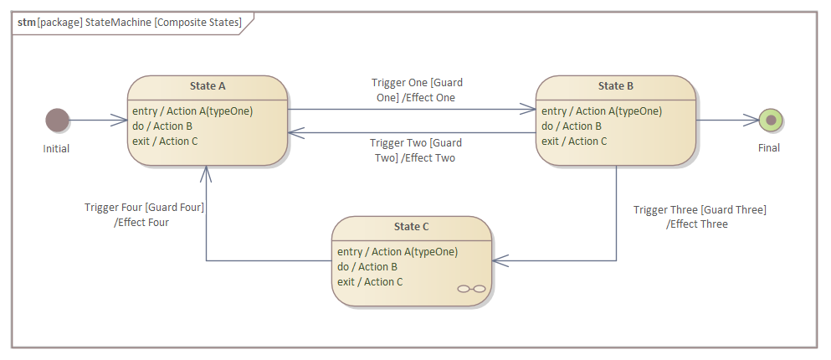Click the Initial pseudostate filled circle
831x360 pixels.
coord(57,121)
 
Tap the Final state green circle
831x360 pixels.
coord(770,121)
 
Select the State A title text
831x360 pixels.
coord(208,86)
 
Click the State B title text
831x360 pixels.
coord(615,86)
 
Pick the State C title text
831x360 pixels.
coord(411,227)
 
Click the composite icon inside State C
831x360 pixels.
coord(472,289)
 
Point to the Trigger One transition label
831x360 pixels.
coord(416,90)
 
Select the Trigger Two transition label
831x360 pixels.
coord(416,150)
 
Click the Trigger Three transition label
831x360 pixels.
coord(699,217)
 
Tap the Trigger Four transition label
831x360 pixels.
coord(144,215)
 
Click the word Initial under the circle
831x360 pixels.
coord(56,149)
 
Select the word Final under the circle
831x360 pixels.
coord(768,148)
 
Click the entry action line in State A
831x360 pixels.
coord(192,111)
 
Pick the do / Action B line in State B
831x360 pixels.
coord(572,126)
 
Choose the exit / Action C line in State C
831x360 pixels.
coord(370,282)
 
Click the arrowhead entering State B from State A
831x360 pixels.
coord(529,109)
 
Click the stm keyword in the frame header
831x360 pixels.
coord(26,23)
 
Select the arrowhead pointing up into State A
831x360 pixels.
coord(207,172)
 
